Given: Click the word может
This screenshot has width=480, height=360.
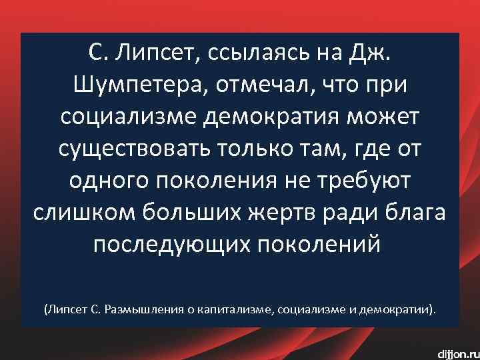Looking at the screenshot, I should click(x=386, y=117).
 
